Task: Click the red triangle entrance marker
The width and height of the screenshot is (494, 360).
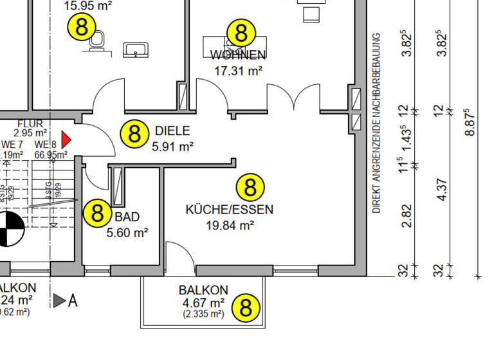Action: point(66,138)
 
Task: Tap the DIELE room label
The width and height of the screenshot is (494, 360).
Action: point(172,131)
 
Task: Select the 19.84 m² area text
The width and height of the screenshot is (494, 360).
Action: point(230,225)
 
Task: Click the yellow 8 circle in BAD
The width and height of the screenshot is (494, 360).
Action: point(97,212)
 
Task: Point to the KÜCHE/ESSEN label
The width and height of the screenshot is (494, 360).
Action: point(229,210)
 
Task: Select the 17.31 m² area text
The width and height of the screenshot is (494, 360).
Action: point(237,71)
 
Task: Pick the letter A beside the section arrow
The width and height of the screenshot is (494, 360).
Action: point(73,300)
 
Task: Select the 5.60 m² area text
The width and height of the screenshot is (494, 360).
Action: point(127,232)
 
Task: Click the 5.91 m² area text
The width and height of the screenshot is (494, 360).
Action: point(172,147)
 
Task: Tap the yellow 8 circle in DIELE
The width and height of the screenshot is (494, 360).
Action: point(134,134)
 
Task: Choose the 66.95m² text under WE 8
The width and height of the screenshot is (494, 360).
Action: point(51,155)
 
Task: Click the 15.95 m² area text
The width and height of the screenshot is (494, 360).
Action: point(89,6)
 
